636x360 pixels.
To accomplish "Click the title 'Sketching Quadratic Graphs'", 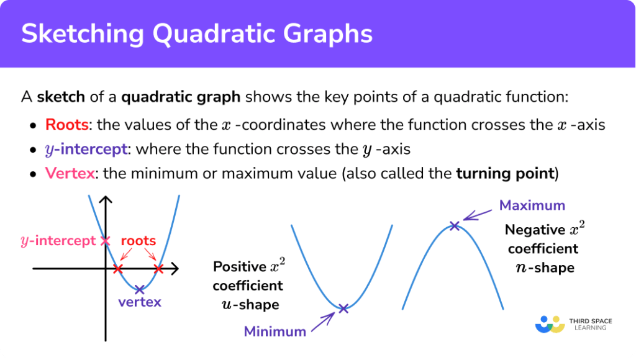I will click(197, 34).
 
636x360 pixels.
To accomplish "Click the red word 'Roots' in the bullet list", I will click(66, 124).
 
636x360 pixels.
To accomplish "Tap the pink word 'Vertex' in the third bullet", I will click(70, 174).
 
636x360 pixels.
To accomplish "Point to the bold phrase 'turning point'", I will click(504, 174).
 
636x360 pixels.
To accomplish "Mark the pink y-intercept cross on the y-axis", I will click(106, 240).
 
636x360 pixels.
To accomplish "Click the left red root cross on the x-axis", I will click(119, 269).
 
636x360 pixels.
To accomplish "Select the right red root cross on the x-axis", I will click(158, 269).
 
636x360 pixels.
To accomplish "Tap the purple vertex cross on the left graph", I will click(139, 289).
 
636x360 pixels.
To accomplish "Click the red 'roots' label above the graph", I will click(138, 240).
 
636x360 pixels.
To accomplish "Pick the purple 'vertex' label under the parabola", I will click(140, 302).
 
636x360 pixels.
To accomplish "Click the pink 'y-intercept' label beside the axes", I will click(58, 241).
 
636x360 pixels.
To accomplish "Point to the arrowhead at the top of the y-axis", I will click(106, 200).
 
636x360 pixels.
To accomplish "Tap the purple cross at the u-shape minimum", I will click(343, 308).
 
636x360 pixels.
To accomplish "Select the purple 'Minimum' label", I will click(275, 331).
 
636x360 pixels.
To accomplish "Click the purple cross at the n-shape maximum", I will click(455, 226).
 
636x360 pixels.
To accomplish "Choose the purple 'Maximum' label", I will click(532, 205).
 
